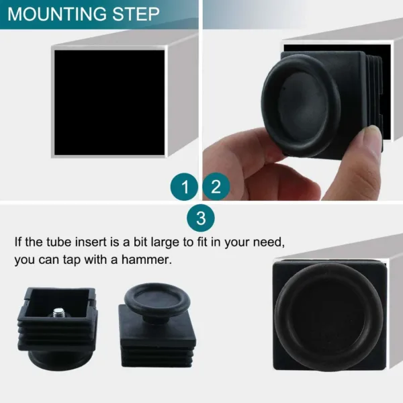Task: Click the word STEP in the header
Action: [x=135, y=14]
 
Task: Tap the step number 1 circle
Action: [x=183, y=186]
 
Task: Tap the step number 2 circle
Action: [x=216, y=186]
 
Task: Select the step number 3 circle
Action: [x=200, y=218]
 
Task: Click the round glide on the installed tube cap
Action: [x=329, y=314]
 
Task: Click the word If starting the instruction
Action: [x=19, y=241]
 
